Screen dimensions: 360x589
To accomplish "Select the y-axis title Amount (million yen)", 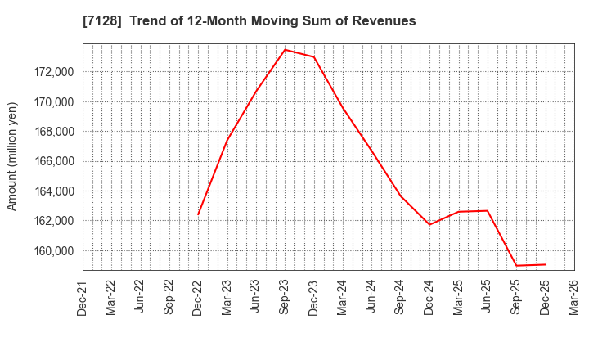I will coord(12,156).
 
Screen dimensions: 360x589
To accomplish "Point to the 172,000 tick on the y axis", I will coord(51,72).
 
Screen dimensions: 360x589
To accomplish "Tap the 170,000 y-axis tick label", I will coord(51,102).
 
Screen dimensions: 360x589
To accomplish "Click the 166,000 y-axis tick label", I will coord(51,161).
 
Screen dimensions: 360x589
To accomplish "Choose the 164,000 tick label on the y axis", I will coord(51,191).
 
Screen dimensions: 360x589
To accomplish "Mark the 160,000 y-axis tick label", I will coord(51,250).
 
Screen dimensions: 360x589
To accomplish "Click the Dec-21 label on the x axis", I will coord(83,297).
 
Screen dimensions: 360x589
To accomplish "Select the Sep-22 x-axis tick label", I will coord(169,297).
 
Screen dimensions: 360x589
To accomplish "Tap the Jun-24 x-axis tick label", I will coord(371,297).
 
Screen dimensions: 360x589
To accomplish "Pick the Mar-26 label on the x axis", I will coord(574,297).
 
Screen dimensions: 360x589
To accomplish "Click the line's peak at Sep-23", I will coord(285,49).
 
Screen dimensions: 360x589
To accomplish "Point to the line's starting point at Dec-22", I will coord(198,214).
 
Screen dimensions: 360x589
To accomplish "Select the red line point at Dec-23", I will coord(314,57).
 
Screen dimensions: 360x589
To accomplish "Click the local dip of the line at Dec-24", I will coord(429,224).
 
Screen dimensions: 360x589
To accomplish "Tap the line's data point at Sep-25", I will coord(516,265).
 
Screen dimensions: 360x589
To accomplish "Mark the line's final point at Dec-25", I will coord(546,264).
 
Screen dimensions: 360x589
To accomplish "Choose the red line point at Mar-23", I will coord(227,140).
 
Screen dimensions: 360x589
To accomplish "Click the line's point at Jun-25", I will coord(488,210).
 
